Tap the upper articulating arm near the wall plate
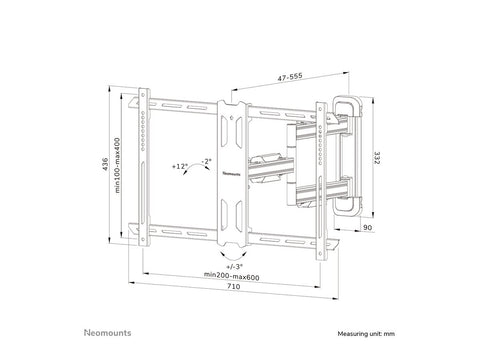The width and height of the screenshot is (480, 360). click(300, 132)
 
